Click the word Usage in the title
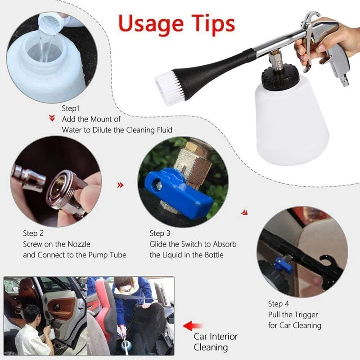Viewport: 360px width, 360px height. tap(151, 24)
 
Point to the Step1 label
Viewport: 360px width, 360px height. tap(71, 108)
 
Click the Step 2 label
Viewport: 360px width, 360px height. tap(33, 233)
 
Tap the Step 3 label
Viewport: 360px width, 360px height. tap(160, 233)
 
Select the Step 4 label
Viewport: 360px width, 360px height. tap(279, 304)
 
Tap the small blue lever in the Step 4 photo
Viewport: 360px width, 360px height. tap(283, 265)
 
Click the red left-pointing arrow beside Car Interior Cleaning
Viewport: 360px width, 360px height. tap(193, 326)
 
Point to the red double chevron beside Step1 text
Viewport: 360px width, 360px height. tap(52, 118)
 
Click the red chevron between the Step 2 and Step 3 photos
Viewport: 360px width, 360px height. tap(120, 185)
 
